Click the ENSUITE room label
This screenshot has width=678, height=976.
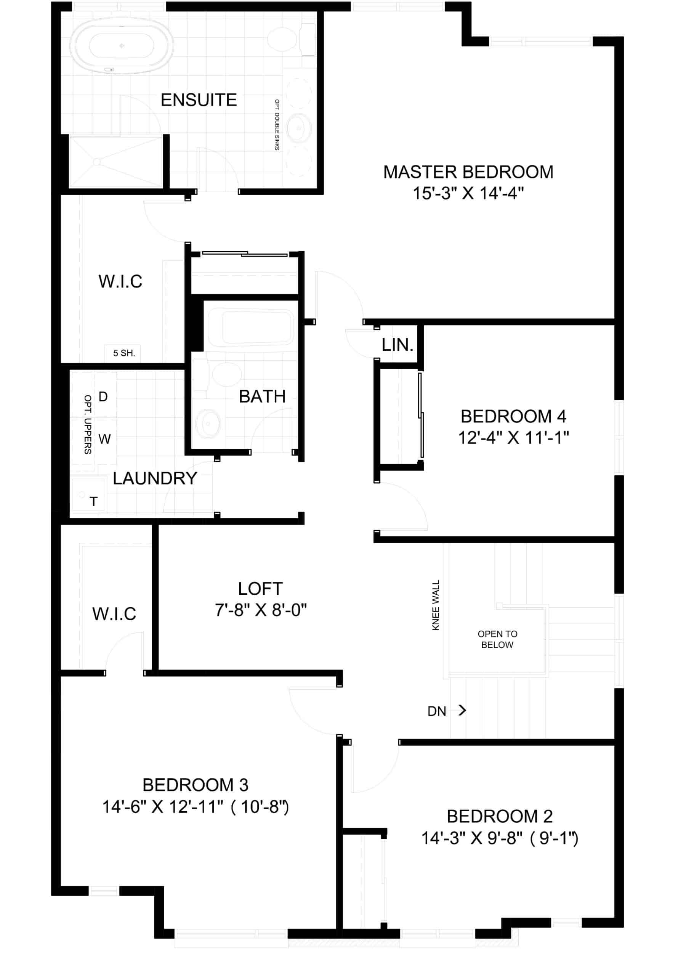(x=199, y=100)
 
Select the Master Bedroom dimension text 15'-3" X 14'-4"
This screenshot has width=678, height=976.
(x=468, y=193)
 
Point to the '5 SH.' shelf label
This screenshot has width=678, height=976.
(x=123, y=353)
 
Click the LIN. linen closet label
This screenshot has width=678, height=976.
(x=397, y=345)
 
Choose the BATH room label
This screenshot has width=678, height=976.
(x=262, y=396)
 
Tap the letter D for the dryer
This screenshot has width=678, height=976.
(x=103, y=396)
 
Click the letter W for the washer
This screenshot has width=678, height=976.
(x=104, y=439)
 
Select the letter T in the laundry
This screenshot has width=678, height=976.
(x=93, y=501)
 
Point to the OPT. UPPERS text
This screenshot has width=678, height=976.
(x=88, y=424)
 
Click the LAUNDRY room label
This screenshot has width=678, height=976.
(x=155, y=478)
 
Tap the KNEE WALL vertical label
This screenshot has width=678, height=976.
(x=436, y=605)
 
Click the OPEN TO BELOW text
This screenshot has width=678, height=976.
(x=497, y=639)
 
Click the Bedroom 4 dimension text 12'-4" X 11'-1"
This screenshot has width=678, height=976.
(x=513, y=437)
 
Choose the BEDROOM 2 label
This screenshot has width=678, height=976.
(x=500, y=816)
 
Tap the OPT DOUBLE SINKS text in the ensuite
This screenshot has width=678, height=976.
(x=277, y=125)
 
